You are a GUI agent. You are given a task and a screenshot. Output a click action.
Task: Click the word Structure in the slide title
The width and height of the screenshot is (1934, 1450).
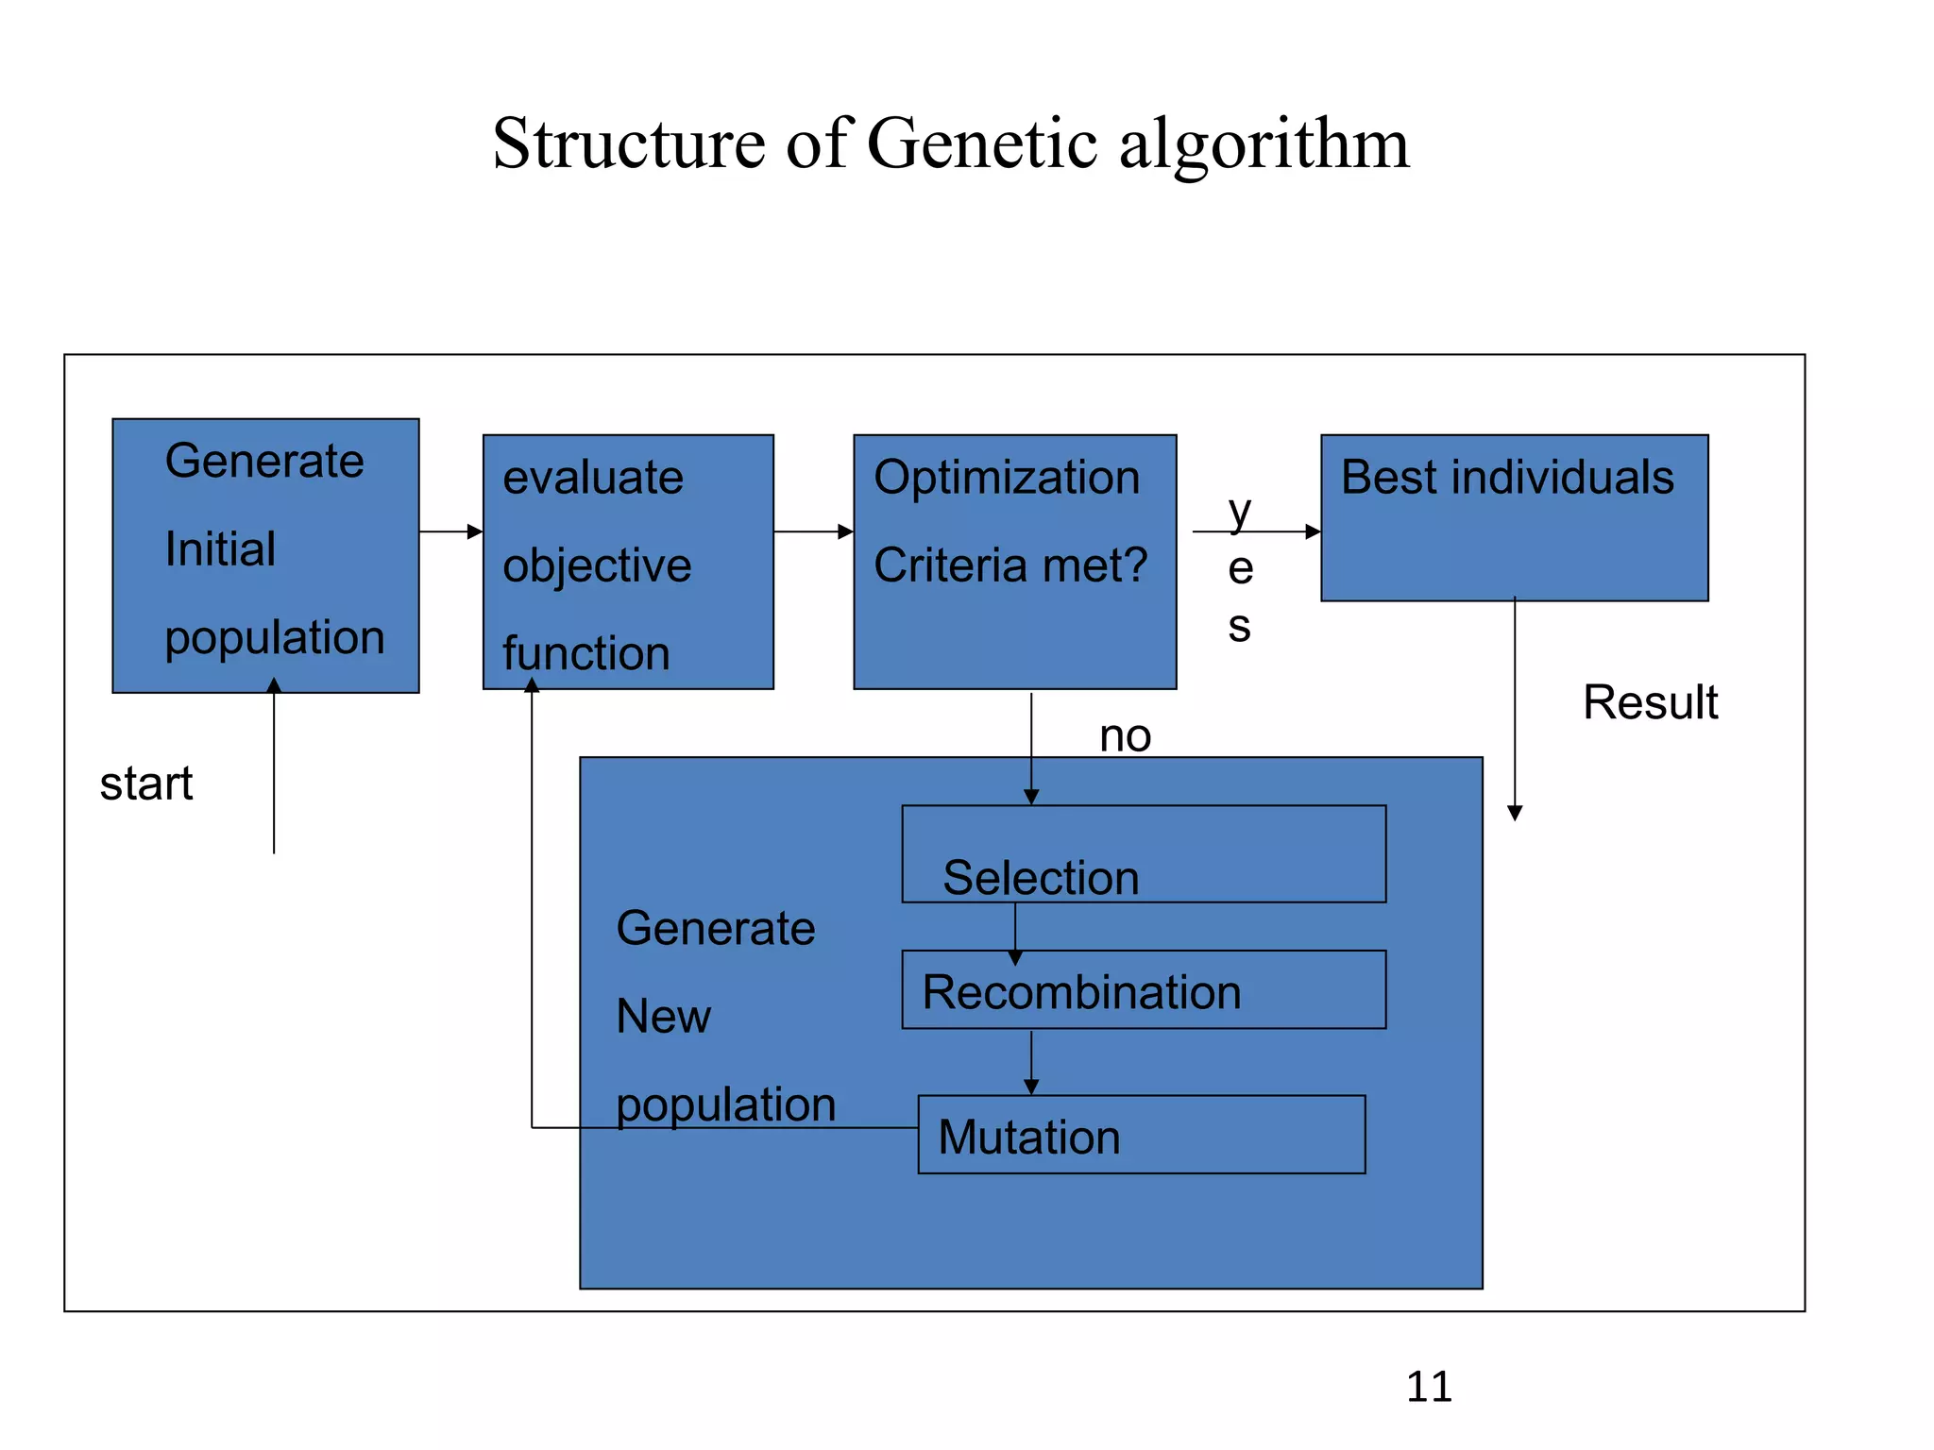[x=628, y=143]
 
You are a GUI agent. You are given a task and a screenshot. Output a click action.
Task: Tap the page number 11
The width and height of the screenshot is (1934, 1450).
[x=1429, y=1387]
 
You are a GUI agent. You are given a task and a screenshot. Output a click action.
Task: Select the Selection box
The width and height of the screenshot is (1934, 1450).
[x=1143, y=853]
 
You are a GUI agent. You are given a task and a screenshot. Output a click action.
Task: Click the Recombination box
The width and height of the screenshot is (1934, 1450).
[x=1143, y=989]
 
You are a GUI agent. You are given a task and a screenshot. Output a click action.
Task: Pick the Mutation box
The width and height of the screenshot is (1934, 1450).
[x=1141, y=1135]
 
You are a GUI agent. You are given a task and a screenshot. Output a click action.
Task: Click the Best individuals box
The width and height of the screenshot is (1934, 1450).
[x=1514, y=517]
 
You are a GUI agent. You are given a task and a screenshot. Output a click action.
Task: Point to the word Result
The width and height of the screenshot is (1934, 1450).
[x=1650, y=702]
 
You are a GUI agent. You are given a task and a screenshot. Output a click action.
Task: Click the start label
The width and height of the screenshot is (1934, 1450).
[x=146, y=784]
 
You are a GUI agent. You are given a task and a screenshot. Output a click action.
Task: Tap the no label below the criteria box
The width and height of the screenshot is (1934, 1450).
[x=1125, y=735]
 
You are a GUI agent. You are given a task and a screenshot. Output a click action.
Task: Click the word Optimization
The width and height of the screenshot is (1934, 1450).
[x=1007, y=477]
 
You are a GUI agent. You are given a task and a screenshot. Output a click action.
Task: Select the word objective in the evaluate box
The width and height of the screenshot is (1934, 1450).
[x=597, y=565]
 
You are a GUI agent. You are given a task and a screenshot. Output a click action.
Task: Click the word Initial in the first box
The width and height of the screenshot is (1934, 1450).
[x=220, y=548]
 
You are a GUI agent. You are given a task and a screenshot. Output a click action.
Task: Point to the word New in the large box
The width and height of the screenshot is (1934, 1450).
[x=663, y=1017]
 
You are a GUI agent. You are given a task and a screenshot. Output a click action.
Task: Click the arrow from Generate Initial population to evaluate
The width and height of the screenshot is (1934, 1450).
[x=450, y=531]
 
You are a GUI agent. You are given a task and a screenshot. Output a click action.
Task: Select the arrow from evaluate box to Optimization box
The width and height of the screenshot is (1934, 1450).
[x=813, y=531]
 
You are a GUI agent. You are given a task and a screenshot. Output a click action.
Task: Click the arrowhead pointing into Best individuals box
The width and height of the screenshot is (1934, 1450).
[x=1312, y=531]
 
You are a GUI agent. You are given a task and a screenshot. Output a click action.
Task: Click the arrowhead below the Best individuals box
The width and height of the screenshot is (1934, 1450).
[x=1515, y=813]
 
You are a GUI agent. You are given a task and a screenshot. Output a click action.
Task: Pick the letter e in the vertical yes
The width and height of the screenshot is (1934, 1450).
[x=1240, y=569]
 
